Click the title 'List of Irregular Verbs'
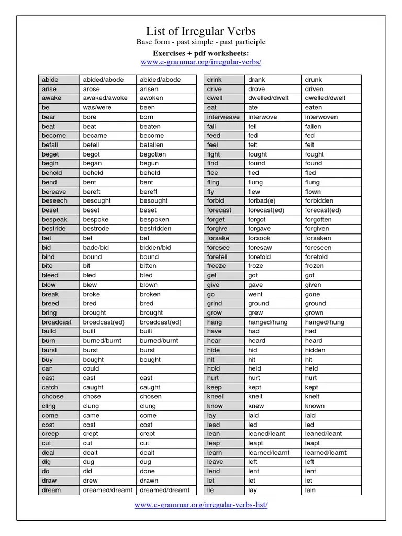[x=201, y=31]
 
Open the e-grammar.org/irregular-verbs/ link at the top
[x=201, y=62]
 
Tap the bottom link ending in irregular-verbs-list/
[x=201, y=505]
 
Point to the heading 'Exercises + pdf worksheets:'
[x=201, y=53]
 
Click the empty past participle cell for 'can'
[x=164, y=368]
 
